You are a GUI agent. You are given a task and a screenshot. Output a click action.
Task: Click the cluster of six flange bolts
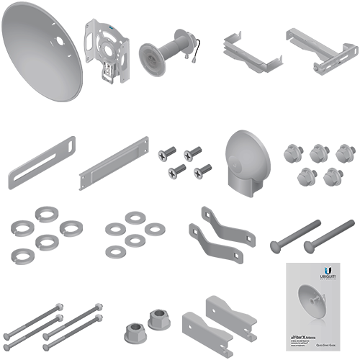coord(309,163)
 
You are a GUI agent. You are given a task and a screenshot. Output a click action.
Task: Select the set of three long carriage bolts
coord(52,323)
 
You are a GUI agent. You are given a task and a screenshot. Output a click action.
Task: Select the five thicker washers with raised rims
coord(45,235)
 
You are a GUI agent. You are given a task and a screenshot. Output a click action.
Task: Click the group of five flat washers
coord(134,235)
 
